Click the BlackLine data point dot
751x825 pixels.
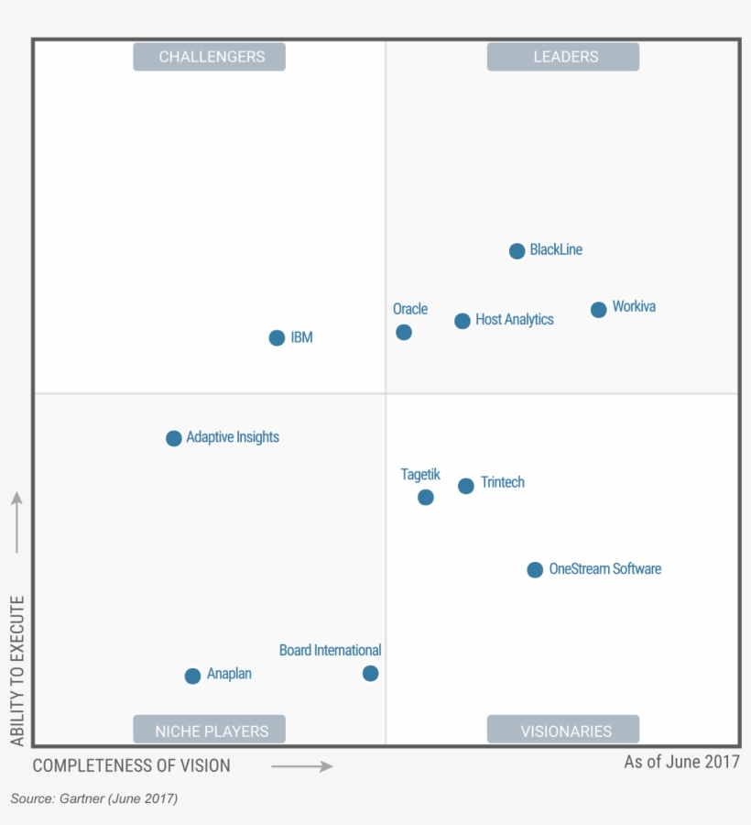click(x=517, y=251)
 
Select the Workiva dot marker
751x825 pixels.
click(x=598, y=310)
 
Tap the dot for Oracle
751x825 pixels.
click(x=404, y=332)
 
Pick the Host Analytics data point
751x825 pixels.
click(x=463, y=321)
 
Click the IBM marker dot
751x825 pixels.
click(x=277, y=338)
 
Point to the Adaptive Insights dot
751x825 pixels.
click(x=173, y=438)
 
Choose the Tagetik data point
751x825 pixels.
click(x=425, y=498)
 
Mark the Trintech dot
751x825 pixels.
click(x=466, y=486)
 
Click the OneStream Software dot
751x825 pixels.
click(x=535, y=570)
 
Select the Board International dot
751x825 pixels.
click(x=370, y=674)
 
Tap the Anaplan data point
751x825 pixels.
click(x=192, y=676)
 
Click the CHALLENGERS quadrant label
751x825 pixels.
click(x=210, y=57)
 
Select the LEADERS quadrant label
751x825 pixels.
click(x=563, y=57)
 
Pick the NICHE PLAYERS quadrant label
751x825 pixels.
click(x=210, y=731)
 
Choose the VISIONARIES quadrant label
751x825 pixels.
click(x=563, y=731)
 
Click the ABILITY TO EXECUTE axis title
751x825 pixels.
click(x=17, y=670)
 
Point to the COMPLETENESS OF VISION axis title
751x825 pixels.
click(x=132, y=765)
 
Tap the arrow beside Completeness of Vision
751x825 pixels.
click(x=302, y=766)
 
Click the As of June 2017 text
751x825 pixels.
click(x=681, y=762)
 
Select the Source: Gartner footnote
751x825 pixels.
click(x=94, y=798)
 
